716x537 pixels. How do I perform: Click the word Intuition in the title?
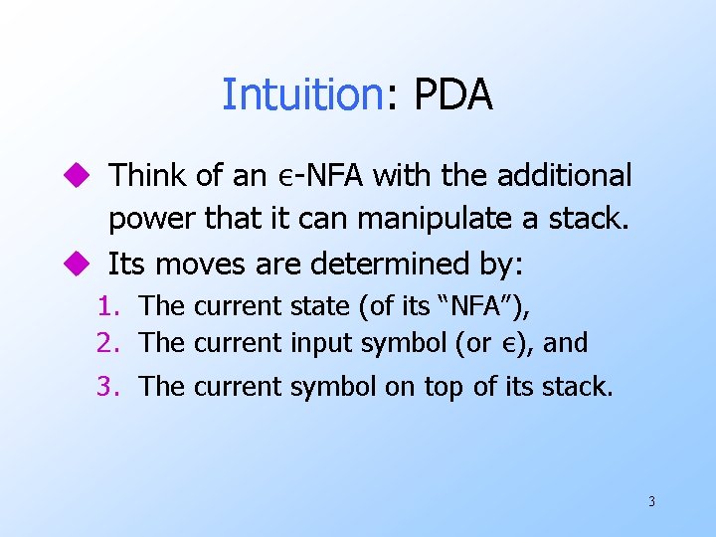301,94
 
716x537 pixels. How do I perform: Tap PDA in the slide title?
452,94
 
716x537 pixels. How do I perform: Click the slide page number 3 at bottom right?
651,501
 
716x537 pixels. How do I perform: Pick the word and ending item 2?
565,343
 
